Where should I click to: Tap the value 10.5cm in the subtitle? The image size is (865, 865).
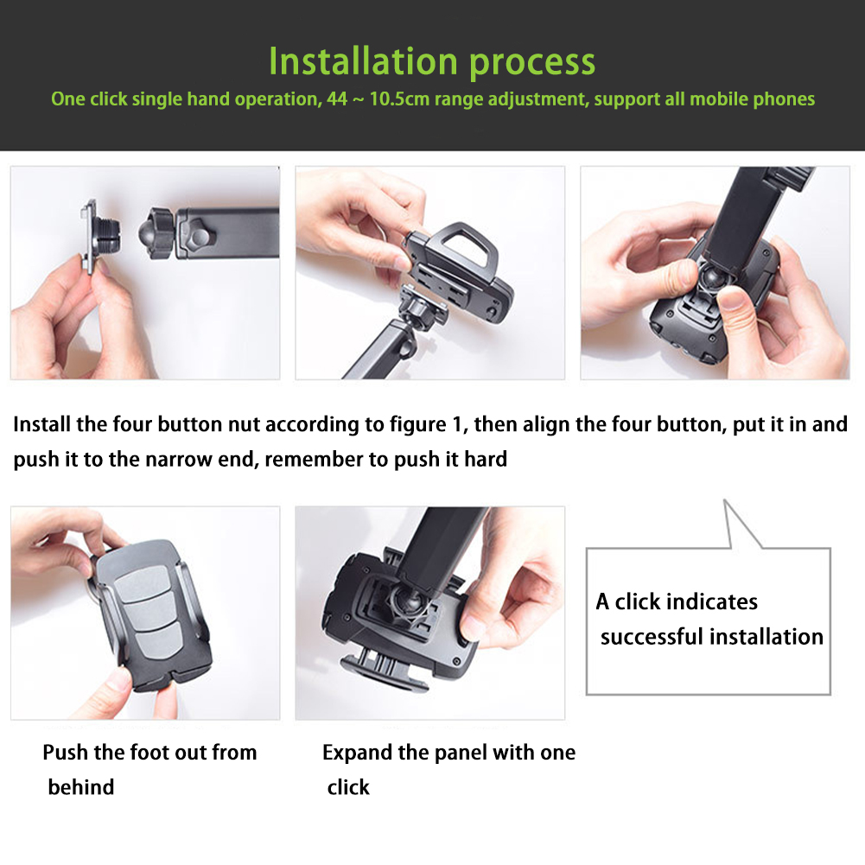tap(399, 99)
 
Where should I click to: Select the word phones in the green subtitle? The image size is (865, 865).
tap(784, 100)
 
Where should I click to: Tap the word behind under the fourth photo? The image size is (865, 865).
tap(81, 787)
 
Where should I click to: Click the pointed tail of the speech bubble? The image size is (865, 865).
tap(725, 501)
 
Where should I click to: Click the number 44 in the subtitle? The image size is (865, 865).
tap(337, 99)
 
